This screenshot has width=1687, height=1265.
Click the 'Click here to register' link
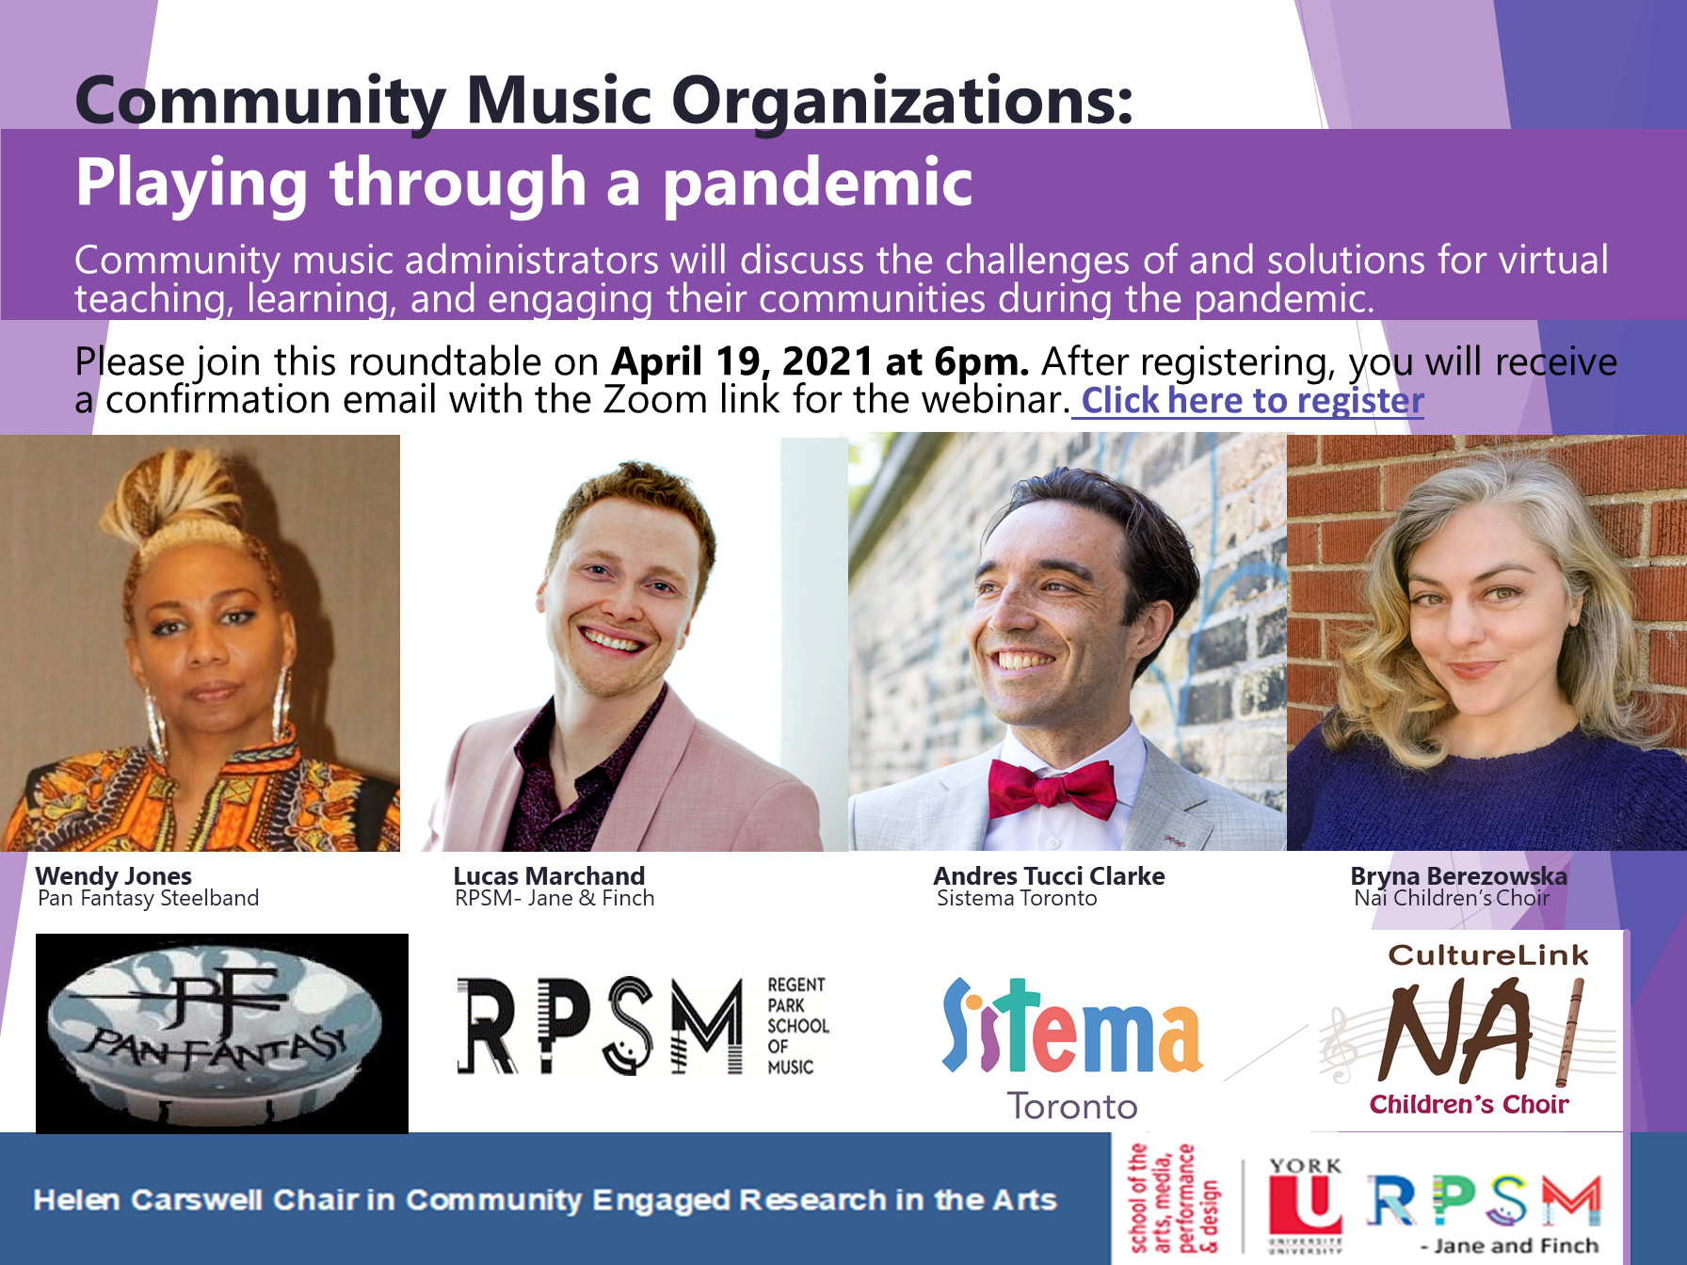[1252, 401]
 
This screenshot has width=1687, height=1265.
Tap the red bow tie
[1052, 789]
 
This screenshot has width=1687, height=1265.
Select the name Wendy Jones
[114, 876]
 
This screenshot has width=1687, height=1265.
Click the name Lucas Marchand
[549, 876]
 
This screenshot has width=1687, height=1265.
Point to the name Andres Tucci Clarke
[1049, 876]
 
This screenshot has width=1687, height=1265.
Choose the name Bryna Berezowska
[1458, 876]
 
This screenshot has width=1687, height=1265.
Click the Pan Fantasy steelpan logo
[222, 1033]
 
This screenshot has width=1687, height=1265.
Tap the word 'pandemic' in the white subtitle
[818, 184]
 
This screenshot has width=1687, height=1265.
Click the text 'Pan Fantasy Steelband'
[148, 899]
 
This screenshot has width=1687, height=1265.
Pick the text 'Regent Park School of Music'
[797, 1026]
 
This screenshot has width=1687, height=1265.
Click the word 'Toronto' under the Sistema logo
[1072, 1107]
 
